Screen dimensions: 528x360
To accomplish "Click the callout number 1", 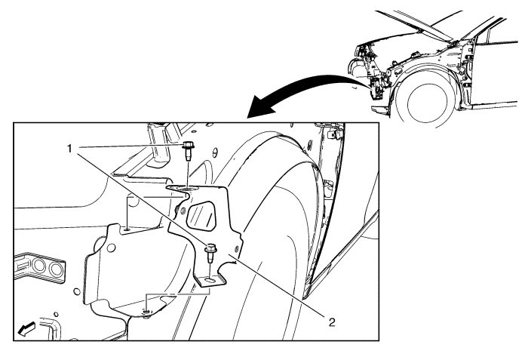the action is [69, 149].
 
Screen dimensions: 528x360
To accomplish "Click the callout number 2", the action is [332, 322].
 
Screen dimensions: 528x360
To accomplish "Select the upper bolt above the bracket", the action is [187, 152].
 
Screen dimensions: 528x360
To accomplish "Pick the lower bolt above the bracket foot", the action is [210, 254].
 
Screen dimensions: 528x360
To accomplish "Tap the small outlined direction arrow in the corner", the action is [26, 328].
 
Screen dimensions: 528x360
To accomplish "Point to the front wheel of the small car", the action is [427, 103].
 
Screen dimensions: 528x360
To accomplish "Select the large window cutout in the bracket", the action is [201, 215].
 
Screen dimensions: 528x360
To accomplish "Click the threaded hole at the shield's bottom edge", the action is [146, 312].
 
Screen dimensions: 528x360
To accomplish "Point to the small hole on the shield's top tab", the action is [127, 229].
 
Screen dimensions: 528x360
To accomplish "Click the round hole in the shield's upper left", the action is [110, 248].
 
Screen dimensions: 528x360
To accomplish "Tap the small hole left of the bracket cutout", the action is [183, 211].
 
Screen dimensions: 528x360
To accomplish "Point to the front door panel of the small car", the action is [495, 72].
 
